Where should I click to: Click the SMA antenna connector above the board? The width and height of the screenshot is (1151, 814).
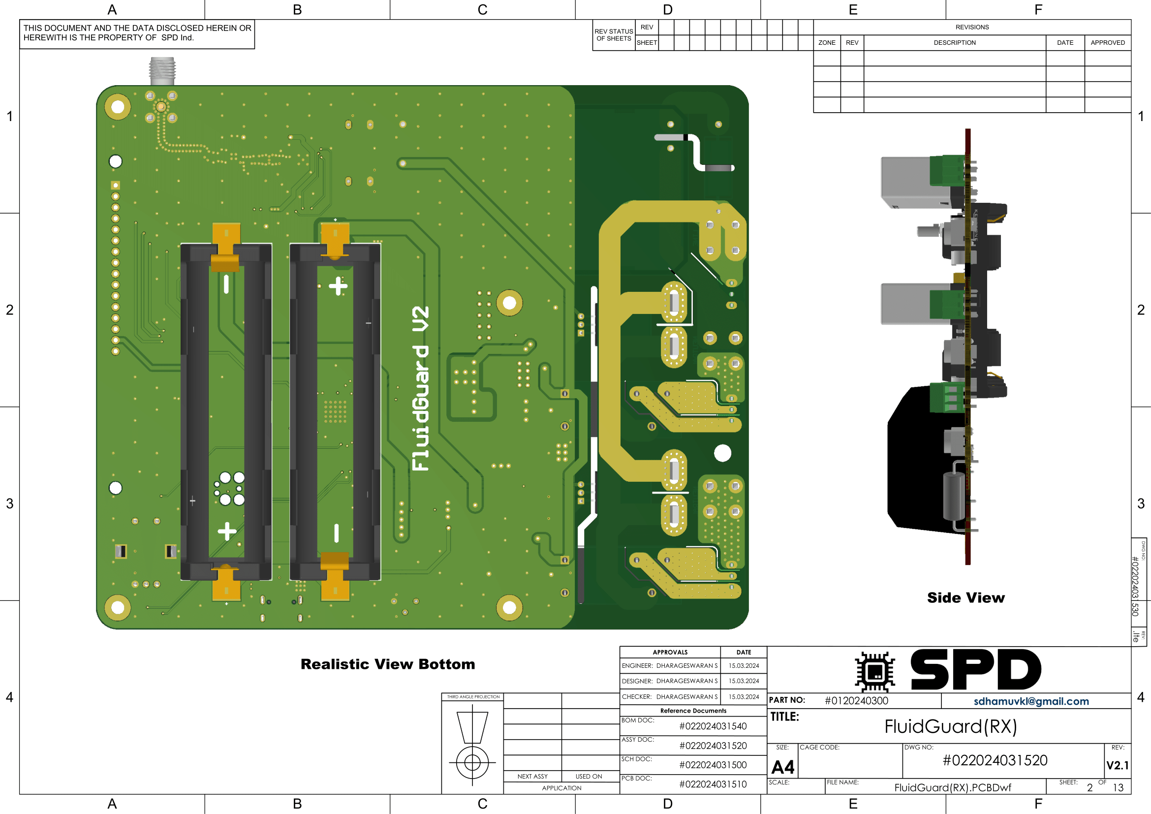click(162, 71)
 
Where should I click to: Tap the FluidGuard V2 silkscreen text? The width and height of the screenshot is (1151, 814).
click(420, 388)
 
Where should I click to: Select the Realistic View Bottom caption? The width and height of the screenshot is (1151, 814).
click(387, 664)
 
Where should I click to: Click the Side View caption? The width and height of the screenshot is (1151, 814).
click(965, 597)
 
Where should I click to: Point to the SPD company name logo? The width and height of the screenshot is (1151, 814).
click(975, 670)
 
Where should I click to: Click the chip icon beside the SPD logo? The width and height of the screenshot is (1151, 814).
click(875, 672)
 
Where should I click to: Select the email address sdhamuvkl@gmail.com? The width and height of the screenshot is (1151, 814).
click(1031, 701)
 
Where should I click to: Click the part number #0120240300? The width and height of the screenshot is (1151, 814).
click(856, 701)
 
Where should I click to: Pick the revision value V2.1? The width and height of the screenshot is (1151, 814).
click(1118, 765)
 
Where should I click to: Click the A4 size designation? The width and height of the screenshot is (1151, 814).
click(782, 767)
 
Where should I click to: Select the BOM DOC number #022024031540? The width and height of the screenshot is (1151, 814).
click(713, 726)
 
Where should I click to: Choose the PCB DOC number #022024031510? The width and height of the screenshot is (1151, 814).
click(713, 784)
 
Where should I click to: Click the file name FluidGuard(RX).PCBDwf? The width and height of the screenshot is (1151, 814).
click(953, 787)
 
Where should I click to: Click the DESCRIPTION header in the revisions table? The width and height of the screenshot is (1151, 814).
click(955, 43)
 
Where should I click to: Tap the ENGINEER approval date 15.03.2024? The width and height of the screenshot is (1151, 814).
click(744, 666)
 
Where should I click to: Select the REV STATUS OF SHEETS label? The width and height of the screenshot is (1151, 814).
click(614, 34)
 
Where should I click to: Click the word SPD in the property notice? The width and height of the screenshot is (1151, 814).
click(169, 37)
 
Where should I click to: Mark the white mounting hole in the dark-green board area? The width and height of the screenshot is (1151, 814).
click(722, 453)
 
